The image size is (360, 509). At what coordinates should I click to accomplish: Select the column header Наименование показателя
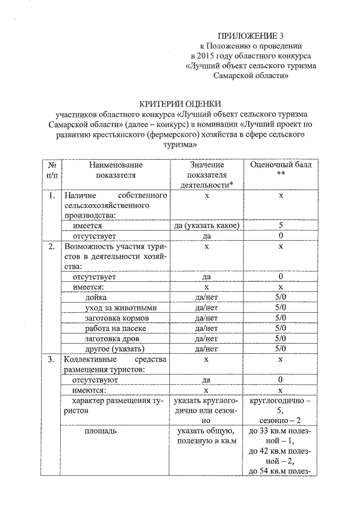[116, 170]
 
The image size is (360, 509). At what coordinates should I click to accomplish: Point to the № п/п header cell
[51, 170]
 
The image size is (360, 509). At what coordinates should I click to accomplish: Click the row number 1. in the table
[51, 195]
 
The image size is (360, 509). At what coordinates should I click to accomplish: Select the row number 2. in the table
[51, 246]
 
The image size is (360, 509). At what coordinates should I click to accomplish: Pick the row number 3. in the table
[51, 359]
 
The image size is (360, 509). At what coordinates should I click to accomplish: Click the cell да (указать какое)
[206, 226]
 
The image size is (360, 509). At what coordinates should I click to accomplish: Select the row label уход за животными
[120, 308]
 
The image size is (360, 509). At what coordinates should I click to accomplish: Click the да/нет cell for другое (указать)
[206, 348]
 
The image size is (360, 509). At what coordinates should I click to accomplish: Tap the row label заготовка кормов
[117, 318]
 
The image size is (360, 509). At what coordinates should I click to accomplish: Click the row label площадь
[101, 431]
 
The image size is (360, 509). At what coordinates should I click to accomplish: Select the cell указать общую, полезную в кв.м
[206, 436]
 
